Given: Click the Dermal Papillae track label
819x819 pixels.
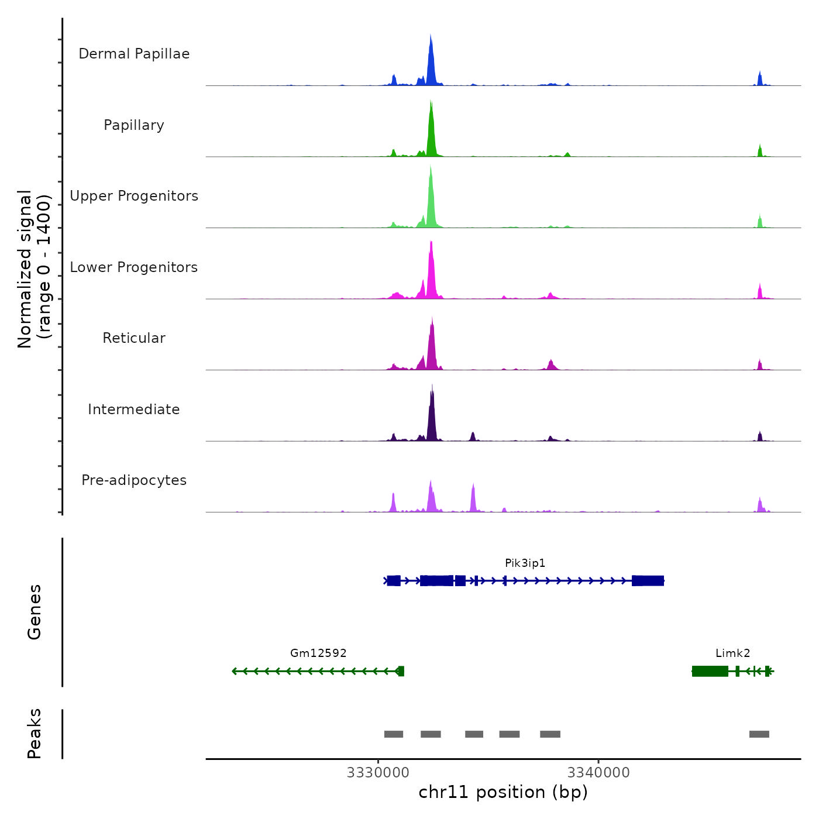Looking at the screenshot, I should coord(134,54).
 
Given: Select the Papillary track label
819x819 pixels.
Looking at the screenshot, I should coord(134,125).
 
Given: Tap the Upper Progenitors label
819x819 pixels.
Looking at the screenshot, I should coord(134,196).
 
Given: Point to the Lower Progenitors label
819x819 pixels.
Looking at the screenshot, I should coord(134,267).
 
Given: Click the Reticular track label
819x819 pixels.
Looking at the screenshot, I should coord(134,338).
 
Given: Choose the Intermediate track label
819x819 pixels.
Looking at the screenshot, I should coord(134,409).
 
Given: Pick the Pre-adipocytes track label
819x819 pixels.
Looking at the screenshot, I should coord(134,480).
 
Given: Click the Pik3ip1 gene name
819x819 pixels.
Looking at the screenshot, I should coord(525,563).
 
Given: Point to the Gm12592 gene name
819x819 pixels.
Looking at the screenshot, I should coord(318,653).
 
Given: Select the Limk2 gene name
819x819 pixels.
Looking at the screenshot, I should coord(732,653).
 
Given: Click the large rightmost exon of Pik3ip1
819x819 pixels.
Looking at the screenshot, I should coord(648,581).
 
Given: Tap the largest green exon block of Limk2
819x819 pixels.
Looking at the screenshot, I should coord(710,671).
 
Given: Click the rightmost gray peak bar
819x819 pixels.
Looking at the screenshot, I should coord(759,734).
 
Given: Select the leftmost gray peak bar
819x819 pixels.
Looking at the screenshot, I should coord(394,734).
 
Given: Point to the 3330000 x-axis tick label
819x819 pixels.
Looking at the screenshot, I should coord(378,773).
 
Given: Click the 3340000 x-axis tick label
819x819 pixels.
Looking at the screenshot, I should coord(598,773).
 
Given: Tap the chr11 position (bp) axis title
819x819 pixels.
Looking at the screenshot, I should coord(503,793).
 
